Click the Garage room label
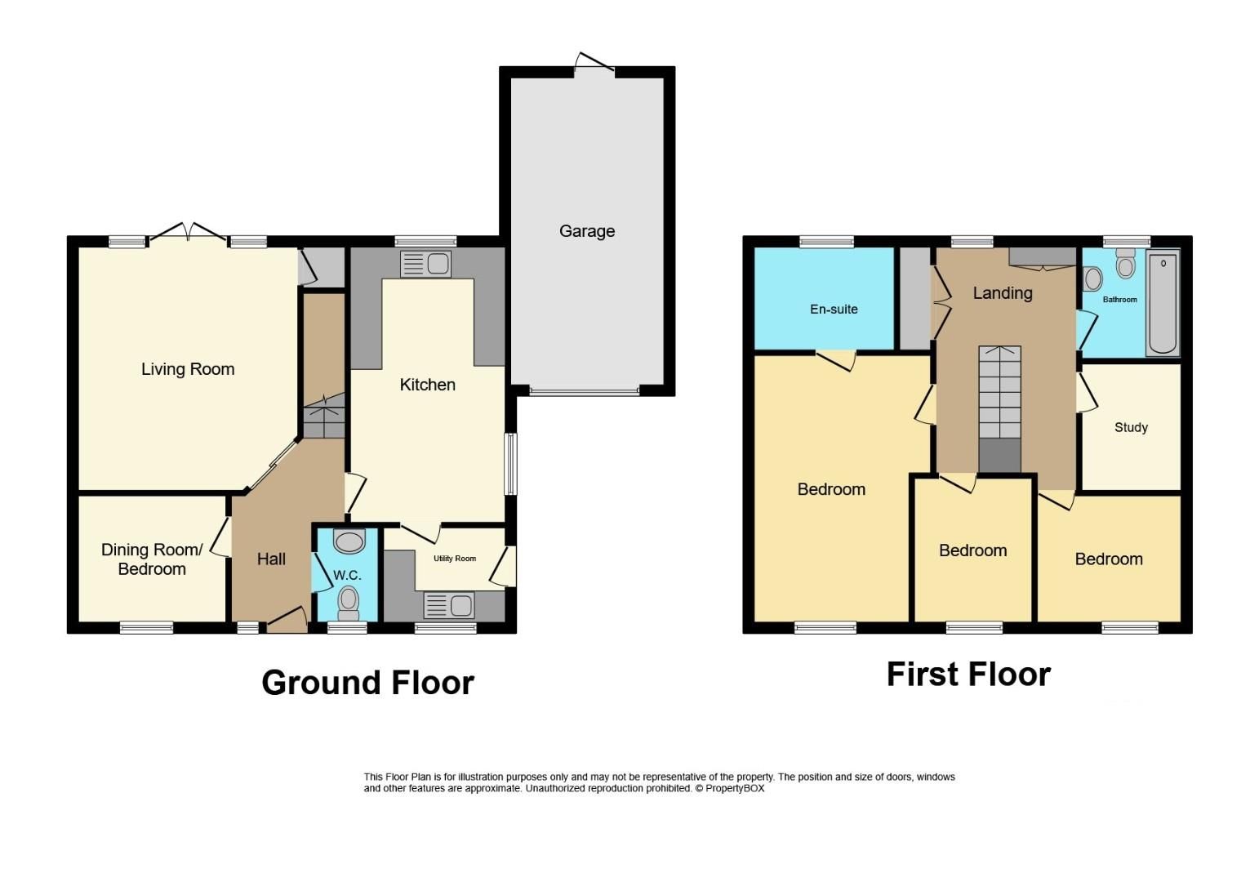pos(586,231)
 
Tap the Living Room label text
pos(188,369)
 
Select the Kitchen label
pos(427,385)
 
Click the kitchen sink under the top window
pos(425,264)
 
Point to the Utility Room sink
pos(448,606)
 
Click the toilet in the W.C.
pos(349,600)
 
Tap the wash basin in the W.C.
pos(349,541)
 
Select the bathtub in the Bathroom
pos(1163,304)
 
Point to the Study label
pos(1131,427)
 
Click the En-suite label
pos(834,310)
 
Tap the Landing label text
pos(1003,293)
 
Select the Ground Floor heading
pos(367,683)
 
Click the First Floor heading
pos(968,675)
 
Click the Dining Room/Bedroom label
pos(152,559)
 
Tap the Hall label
pos(271,559)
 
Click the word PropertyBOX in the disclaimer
pos(735,789)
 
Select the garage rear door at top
pos(595,65)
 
